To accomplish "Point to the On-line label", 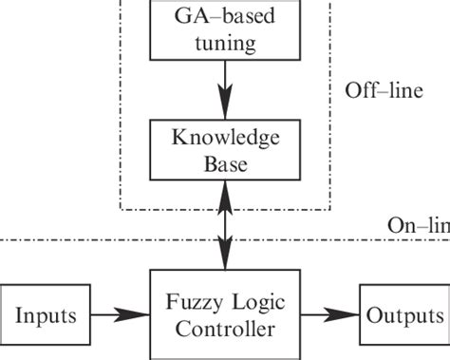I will [x=419, y=225].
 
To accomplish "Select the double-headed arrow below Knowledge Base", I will [x=225, y=227].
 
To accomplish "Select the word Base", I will [x=225, y=163].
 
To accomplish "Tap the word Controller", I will [x=225, y=328].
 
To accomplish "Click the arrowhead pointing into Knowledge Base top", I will [x=225, y=109].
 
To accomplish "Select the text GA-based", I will [x=225, y=17].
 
